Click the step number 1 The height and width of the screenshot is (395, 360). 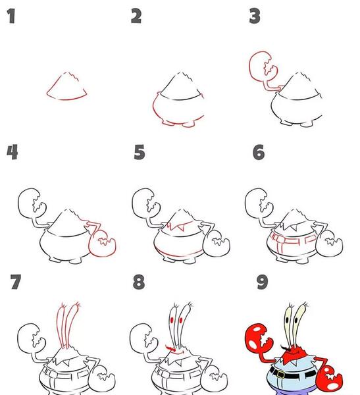tap(11, 16)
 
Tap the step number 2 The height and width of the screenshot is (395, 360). tap(136, 16)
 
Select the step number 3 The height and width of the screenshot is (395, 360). tap(255, 16)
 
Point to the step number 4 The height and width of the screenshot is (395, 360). tap(12, 152)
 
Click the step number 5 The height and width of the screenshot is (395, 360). tap(140, 152)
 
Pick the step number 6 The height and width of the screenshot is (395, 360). tap(259, 152)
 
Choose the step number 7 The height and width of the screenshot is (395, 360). tap(16, 282)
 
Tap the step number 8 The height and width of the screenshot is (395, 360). tap(139, 282)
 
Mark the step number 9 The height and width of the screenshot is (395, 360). tap(262, 282)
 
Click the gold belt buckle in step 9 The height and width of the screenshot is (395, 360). tap(280, 375)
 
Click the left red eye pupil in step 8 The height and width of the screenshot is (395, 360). tap(172, 320)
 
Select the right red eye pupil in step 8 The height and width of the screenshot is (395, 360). tap(180, 320)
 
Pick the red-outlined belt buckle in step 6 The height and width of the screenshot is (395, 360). tap(280, 239)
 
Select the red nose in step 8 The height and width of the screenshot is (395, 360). tap(170, 348)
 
